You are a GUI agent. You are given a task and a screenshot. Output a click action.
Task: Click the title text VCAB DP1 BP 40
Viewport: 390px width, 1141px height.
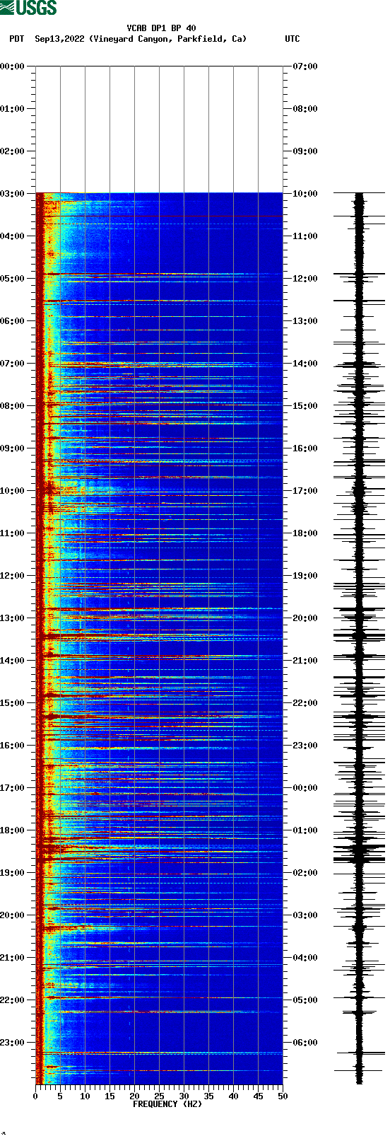(x=161, y=28)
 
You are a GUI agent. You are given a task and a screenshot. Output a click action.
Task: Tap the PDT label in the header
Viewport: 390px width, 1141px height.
(x=17, y=39)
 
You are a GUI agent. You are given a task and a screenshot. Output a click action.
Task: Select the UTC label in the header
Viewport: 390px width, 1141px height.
(x=292, y=39)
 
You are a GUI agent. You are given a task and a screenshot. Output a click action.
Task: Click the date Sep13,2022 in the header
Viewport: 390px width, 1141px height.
(x=59, y=39)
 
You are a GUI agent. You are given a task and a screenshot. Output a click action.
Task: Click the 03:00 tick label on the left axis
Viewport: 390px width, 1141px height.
(x=13, y=194)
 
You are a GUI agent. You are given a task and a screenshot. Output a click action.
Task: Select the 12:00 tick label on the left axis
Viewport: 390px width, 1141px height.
(x=13, y=576)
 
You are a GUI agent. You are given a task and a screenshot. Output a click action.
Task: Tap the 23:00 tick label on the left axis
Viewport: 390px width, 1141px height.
(x=13, y=1043)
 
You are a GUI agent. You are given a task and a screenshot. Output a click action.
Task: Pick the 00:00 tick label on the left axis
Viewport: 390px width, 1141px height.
(x=13, y=66)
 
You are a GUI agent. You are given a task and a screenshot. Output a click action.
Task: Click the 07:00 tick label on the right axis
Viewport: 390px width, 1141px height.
(x=305, y=66)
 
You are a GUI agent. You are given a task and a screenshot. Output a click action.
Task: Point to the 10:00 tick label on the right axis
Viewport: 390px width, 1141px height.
(x=305, y=194)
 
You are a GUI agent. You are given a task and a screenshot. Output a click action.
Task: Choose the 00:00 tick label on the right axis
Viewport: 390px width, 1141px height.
(x=305, y=788)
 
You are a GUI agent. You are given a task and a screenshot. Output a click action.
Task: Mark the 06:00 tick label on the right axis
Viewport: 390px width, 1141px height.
(x=305, y=1043)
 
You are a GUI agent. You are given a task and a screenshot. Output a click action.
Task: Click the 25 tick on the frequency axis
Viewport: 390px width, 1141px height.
(x=159, y=1096)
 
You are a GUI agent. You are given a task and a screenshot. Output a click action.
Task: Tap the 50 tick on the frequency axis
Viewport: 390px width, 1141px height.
(x=283, y=1096)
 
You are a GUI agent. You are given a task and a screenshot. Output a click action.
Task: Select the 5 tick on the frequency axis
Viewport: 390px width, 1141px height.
(x=60, y=1096)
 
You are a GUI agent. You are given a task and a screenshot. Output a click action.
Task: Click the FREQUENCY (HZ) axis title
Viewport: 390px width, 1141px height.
(x=167, y=1104)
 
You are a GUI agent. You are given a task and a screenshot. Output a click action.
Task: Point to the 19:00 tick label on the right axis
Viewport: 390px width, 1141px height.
(x=305, y=576)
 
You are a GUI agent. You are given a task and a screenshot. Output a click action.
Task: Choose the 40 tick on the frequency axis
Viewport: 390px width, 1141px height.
(x=233, y=1096)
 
